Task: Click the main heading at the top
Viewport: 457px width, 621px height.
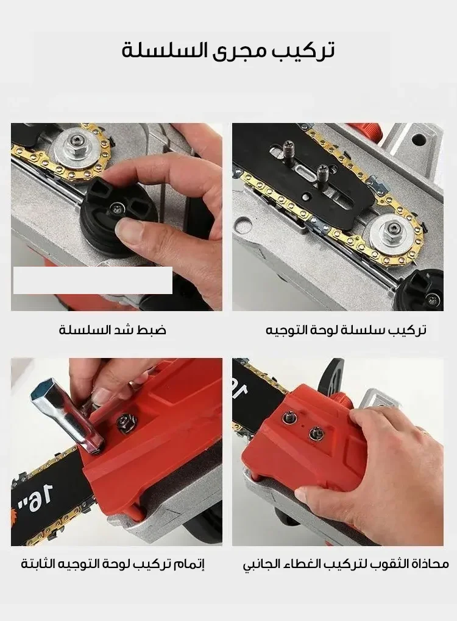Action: click(x=228, y=51)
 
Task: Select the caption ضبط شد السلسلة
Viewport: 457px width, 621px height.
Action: click(x=113, y=329)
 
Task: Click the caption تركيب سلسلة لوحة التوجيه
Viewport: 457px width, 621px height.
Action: click(x=346, y=329)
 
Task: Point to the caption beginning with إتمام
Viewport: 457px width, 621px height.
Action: click(x=113, y=564)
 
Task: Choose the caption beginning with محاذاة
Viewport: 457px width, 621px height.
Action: click(x=345, y=564)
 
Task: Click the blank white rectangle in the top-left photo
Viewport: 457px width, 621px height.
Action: click(x=93, y=281)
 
